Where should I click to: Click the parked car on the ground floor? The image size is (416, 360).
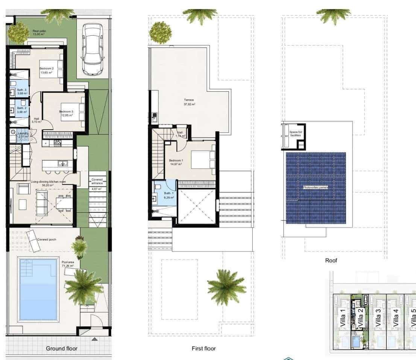(x=92, y=49)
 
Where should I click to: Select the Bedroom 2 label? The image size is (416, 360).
(x=47, y=70)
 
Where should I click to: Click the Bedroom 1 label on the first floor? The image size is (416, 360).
(x=176, y=162)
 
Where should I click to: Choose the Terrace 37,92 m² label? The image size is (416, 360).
(x=189, y=102)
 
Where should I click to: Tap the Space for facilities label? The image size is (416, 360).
(x=295, y=133)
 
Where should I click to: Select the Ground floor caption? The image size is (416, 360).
(x=62, y=348)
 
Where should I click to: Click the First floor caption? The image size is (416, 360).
(x=203, y=348)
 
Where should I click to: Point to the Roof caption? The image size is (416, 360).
(x=331, y=260)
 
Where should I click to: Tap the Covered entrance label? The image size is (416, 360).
(x=97, y=182)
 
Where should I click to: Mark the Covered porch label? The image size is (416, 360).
(x=47, y=239)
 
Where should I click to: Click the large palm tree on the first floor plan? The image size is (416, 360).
(x=226, y=287)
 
